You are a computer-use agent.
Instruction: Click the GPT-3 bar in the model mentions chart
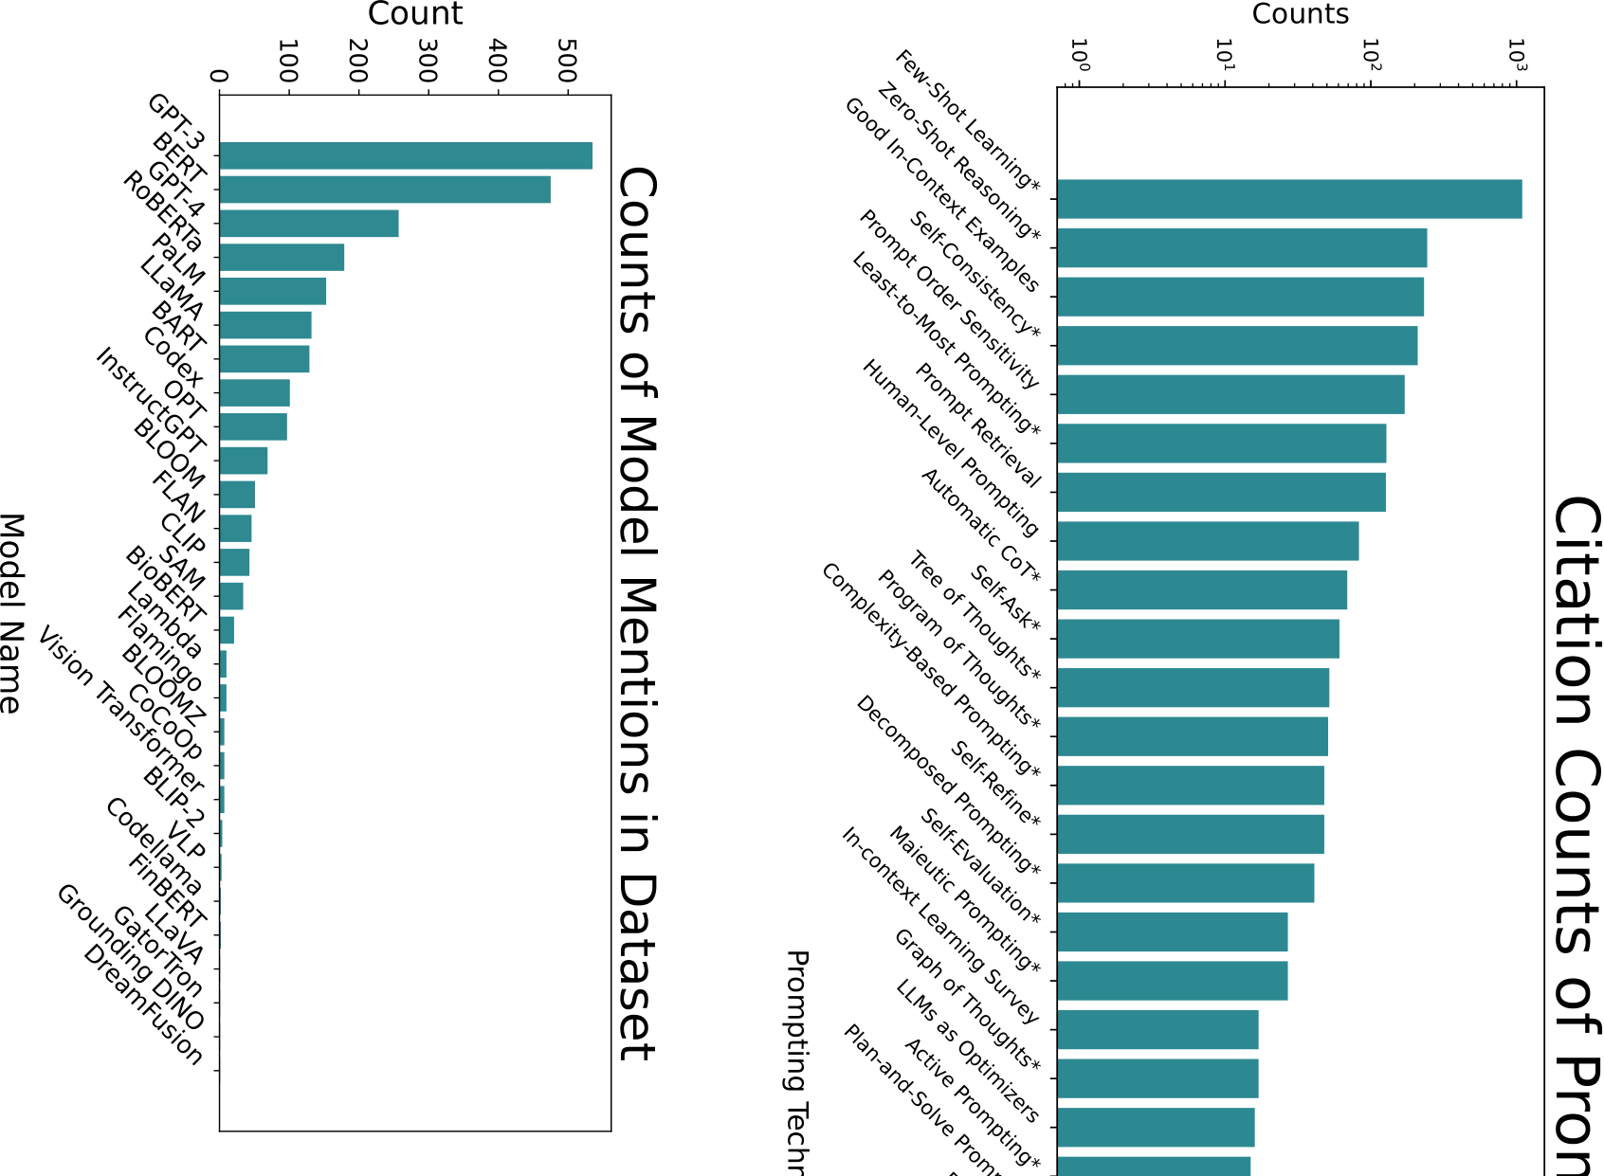click(406, 155)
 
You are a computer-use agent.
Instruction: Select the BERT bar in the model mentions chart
click(385, 190)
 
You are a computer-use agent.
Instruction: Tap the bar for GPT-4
click(309, 224)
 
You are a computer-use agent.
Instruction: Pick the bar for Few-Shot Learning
click(1289, 199)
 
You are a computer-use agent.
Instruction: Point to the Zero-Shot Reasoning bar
click(1242, 248)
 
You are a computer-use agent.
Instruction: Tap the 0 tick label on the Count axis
click(220, 77)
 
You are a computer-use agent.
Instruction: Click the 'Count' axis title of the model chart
click(415, 14)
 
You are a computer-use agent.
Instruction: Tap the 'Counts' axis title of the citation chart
click(1300, 14)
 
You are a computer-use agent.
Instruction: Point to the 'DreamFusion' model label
click(143, 1005)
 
